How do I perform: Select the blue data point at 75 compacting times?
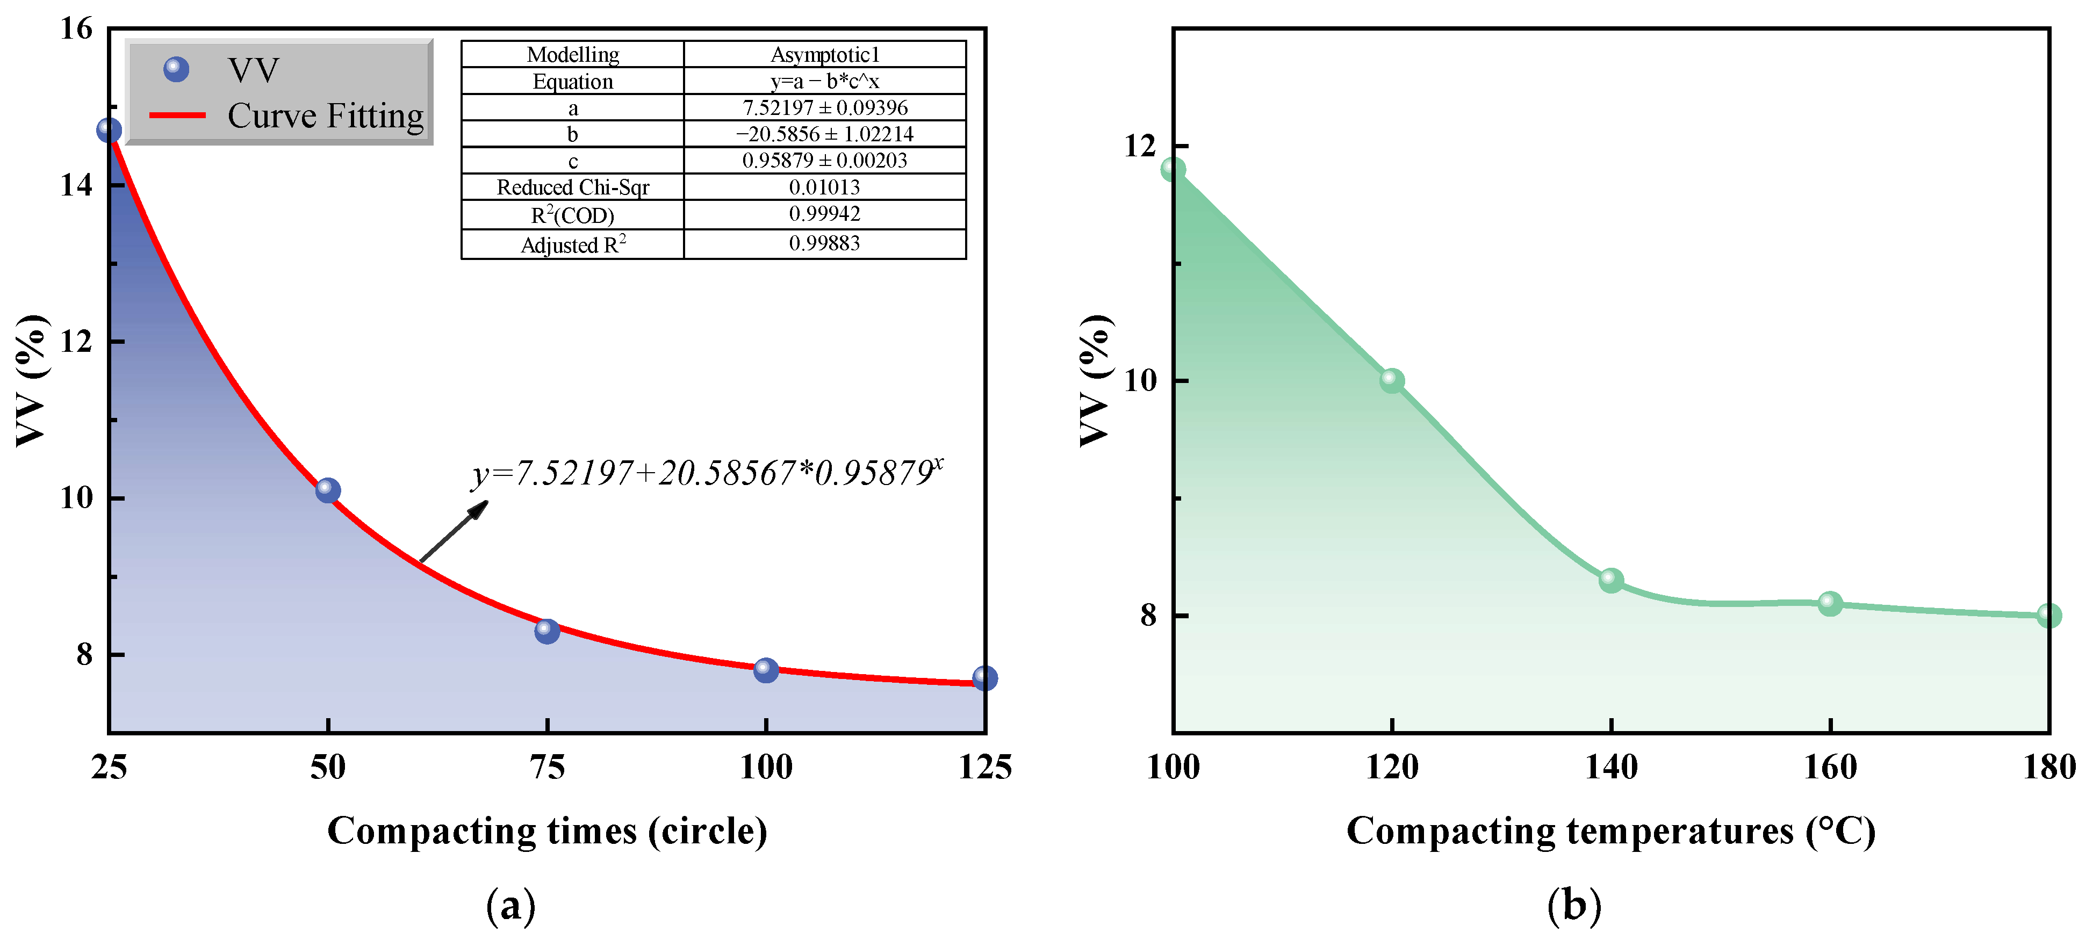coord(547,630)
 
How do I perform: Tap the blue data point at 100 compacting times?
coord(766,670)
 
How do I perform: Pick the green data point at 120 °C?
coord(1392,380)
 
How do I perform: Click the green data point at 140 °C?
coord(1611,580)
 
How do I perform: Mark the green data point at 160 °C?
coord(1830,603)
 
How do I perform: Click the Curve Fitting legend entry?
coord(325,115)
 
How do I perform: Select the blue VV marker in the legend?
coord(176,70)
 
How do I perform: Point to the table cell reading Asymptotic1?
coord(824,55)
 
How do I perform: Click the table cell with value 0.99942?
coord(824,214)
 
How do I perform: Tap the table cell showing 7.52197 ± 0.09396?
coord(824,107)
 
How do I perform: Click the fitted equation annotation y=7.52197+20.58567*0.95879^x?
coord(706,473)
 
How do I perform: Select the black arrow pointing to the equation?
coord(454,531)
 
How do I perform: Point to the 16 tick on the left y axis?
coord(77,30)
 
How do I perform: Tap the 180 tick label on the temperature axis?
coord(2048,767)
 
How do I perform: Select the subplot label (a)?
coord(511,906)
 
